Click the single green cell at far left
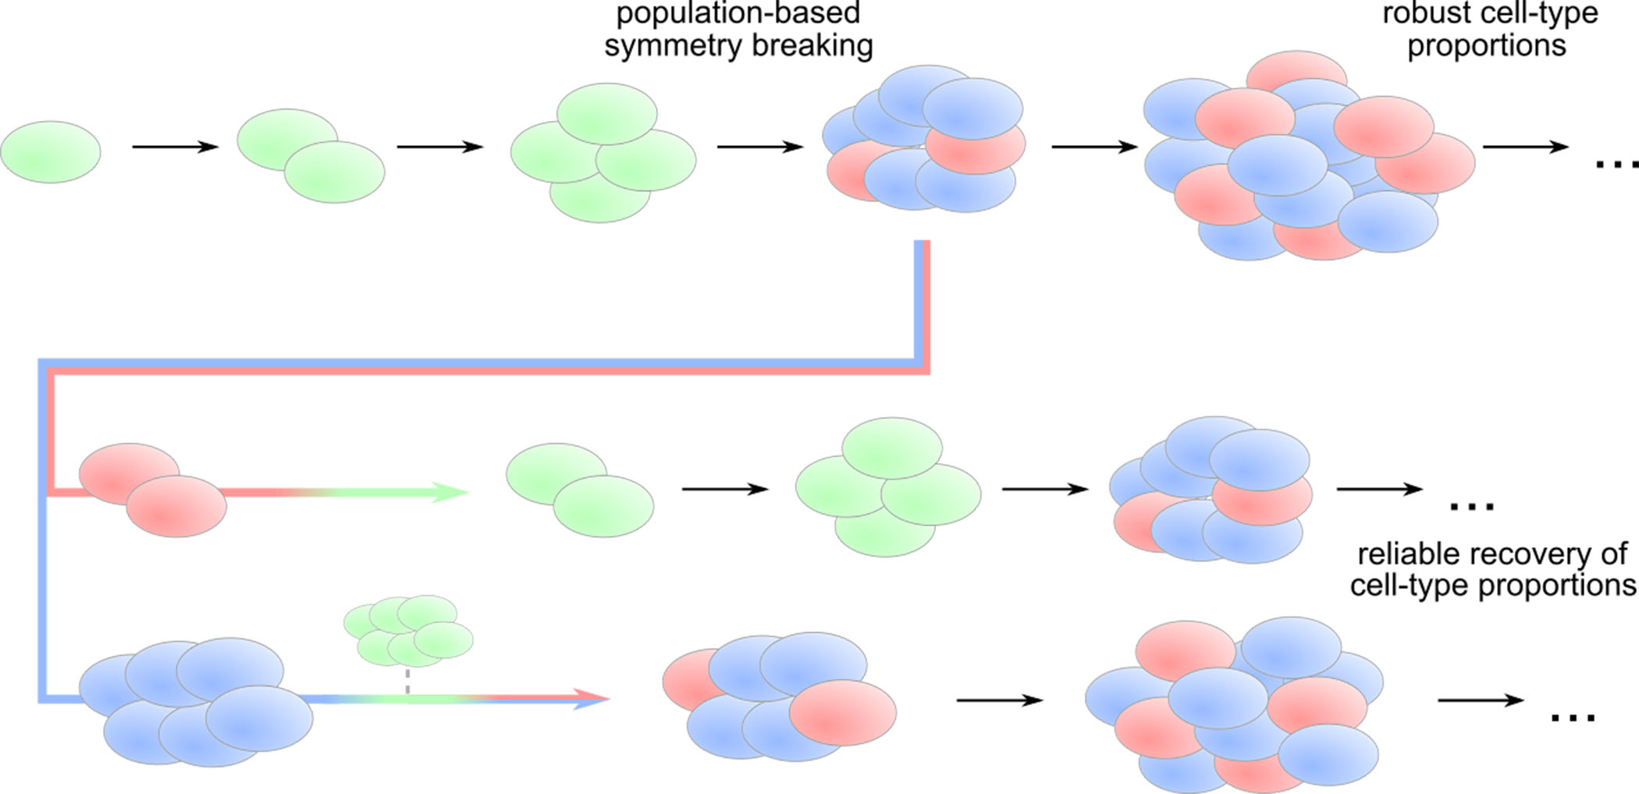click(51, 152)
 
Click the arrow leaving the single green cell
click(175, 146)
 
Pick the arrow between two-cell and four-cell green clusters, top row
click(440, 146)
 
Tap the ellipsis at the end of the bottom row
click(1573, 717)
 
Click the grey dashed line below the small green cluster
click(407, 680)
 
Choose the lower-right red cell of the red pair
click(176, 506)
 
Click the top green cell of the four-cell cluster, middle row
click(892, 447)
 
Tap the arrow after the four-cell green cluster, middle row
click(1045, 490)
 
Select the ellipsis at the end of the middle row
click(1471, 507)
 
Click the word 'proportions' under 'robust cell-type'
click(1486, 45)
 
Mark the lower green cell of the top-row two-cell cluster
click(334, 172)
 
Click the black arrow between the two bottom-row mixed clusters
click(1000, 700)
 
